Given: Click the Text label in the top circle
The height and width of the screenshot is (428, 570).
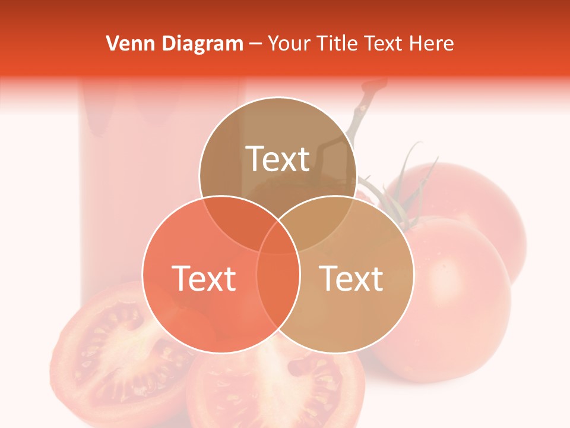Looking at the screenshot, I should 278,159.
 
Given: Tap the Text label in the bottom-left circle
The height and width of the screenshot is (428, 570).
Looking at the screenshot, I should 204,278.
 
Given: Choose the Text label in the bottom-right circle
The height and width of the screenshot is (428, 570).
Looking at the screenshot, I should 351,278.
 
